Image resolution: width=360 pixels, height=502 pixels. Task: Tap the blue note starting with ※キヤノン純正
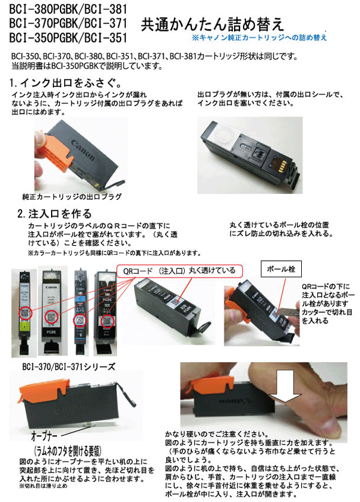click(259, 37)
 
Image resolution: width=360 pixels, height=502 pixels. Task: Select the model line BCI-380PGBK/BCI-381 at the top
click(67, 8)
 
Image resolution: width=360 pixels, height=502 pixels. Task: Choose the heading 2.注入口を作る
click(55, 213)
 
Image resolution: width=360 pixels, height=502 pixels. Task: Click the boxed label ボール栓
click(278, 268)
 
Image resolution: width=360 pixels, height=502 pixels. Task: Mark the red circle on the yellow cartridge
click(25, 313)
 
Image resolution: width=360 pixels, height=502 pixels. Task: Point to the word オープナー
click(46, 432)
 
